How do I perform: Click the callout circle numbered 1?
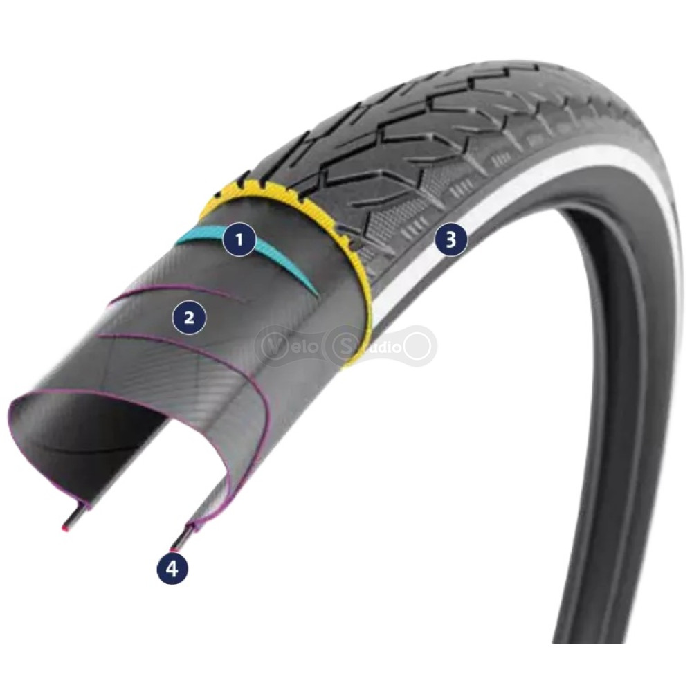[x=239, y=239]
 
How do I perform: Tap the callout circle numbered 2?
[x=190, y=317]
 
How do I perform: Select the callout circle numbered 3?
[x=450, y=240]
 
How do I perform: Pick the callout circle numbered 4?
[x=172, y=569]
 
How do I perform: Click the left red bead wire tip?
[x=65, y=528]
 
